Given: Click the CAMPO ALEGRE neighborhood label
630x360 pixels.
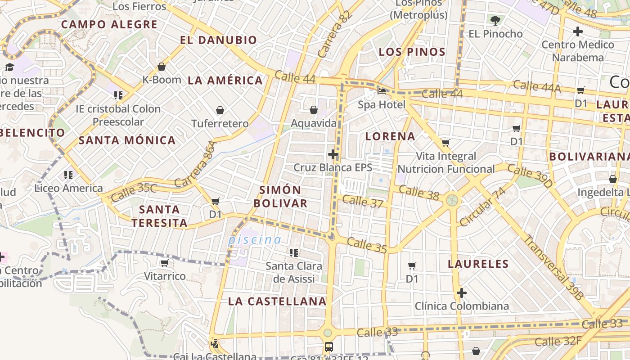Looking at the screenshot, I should tap(109, 24).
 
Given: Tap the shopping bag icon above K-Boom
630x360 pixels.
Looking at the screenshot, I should tap(162, 67).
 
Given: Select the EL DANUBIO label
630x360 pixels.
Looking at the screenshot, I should tap(218, 40).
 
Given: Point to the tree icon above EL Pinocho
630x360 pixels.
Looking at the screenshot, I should tap(495, 20).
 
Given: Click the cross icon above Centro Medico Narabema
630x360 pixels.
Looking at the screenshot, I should tap(578, 31).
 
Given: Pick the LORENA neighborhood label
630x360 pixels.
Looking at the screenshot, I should tap(390, 136).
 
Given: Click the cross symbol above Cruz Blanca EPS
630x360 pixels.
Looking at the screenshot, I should tap(333, 154).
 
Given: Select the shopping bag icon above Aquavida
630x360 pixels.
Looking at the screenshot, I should tap(314, 110).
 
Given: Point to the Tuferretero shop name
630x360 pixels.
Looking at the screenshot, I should tap(220, 124).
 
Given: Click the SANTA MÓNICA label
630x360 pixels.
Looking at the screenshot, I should tap(127, 140).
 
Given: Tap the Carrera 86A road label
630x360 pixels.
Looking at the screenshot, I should tap(196, 164).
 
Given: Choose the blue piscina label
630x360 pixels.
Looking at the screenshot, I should tap(255, 240).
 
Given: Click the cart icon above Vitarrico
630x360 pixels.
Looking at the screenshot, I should tap(165, 263).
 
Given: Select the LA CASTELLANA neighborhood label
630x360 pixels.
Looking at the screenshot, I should tap(277, 301).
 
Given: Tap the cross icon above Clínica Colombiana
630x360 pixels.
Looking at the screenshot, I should tap(461, 293).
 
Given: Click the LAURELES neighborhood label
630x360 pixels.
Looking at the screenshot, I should tap(478, 264).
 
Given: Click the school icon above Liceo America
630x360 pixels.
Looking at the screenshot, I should tap(68, 175).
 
